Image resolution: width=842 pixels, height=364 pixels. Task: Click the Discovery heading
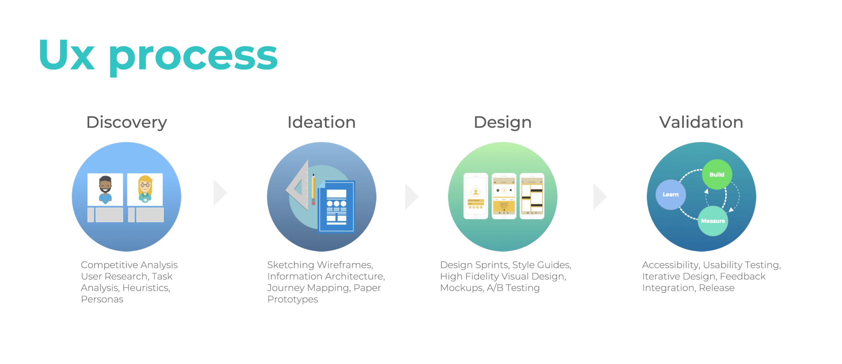pos(126,123)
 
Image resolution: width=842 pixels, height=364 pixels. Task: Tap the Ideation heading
pos(322,122)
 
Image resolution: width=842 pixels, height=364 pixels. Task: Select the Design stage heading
pos(503,123)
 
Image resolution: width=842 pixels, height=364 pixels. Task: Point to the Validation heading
pos(701,122)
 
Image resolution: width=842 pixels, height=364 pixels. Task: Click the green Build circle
pos(717,174)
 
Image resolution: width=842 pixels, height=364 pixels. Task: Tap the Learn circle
pos(671,195)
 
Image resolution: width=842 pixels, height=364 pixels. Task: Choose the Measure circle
pos(713,221)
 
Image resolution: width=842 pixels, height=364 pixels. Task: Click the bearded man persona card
pos(105,189)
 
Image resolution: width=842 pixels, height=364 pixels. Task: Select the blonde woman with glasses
pos(145,189)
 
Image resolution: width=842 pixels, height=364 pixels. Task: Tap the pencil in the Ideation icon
pos(313,189)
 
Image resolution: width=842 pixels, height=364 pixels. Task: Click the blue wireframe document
pos(336,206)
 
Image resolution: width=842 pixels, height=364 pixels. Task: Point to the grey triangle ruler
pos(298,185)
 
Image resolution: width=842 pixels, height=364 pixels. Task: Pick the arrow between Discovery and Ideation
pos(220,193)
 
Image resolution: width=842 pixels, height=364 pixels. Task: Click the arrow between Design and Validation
pos(600,196)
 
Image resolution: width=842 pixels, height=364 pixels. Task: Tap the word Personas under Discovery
pos(102,300)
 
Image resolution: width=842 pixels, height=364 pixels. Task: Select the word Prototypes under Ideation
pos(293,300)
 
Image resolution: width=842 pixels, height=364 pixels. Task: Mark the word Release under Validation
pos(717,288)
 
